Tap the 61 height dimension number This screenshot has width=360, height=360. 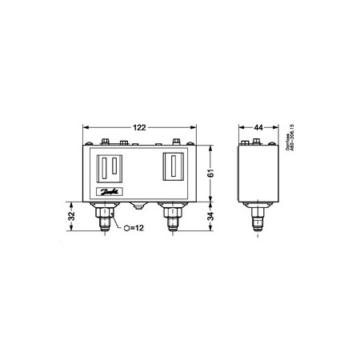[x=210, y=172]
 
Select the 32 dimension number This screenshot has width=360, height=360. [x=72, y=216]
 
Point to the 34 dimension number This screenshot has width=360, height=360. [x=210, y=216]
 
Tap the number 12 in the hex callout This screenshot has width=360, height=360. [x=140, y=228]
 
